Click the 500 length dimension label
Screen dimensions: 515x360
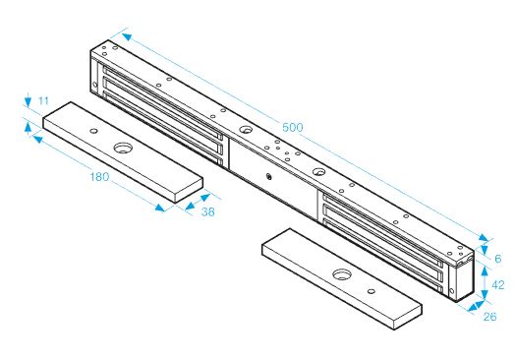tap(292, 127)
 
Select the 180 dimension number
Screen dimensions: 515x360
tap(99, 177)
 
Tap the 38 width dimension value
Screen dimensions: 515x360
tap(208, 212)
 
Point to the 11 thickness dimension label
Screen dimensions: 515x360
tap(43, 100)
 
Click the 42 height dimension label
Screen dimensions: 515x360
tap(498, 284)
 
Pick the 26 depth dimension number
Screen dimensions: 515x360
tap(489, 317)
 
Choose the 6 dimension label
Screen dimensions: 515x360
tap(498, 259)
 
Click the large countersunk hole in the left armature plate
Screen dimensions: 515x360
tap(122, 148)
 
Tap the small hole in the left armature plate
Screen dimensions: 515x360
tap(93, 131)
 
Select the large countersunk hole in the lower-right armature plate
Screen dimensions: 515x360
tap(342, 274)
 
